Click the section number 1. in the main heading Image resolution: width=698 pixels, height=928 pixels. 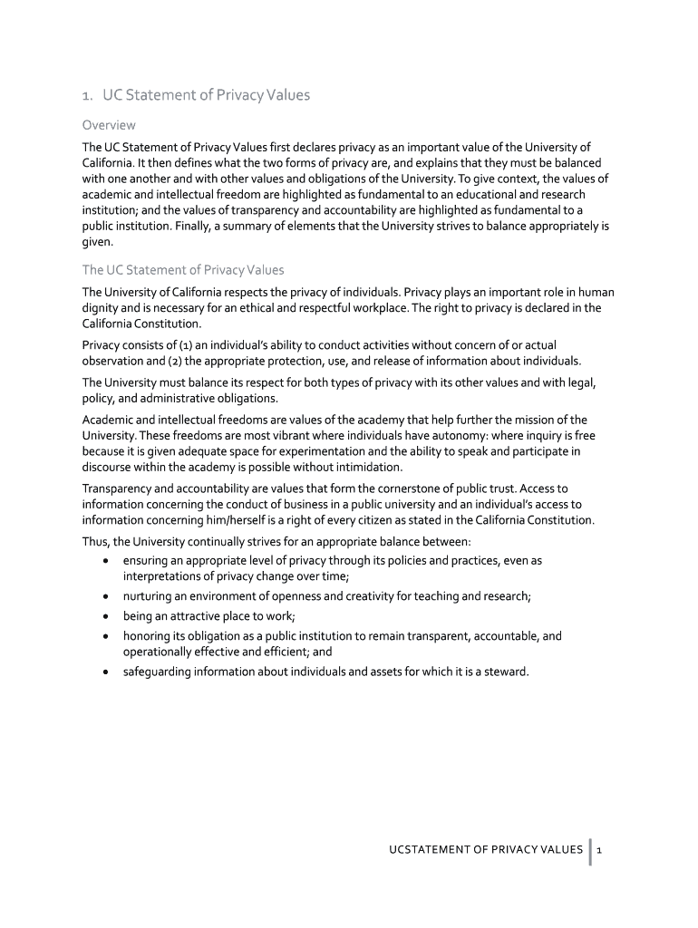pos(87,95)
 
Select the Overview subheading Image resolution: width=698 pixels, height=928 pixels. pos(109,124)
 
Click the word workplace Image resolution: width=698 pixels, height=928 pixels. pos(416,307)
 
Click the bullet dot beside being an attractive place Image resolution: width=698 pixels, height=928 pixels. pos(108,616)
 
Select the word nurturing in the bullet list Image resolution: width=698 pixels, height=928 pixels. pos(150,595)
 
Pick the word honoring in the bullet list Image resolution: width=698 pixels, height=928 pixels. pos(149,636)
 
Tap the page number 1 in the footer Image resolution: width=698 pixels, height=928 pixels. pos(600,849)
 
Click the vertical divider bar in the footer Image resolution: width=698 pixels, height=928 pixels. pos(590,851)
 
